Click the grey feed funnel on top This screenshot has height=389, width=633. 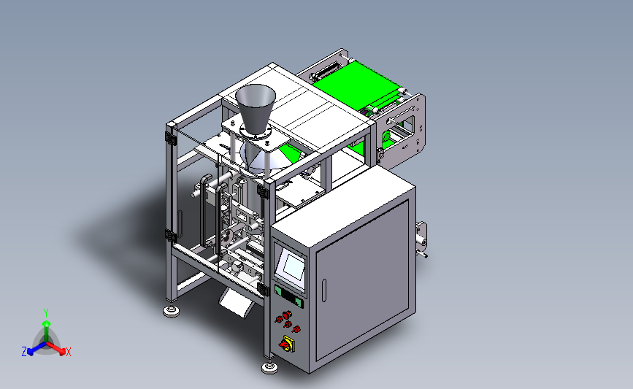pyautogui.click(x=255, y=108)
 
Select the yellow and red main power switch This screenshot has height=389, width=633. pyautogui.click(x=287, y=344)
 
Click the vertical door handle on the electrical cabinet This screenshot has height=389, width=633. pyautogui.click(x=323, y=290)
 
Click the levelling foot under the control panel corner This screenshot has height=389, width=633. pyautogui.click(x=269, y=367)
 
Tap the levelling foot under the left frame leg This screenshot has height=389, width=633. pyautogui.click(x=172, y=311)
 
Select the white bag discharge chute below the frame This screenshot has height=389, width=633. pyautogui.click(x=237, y=304)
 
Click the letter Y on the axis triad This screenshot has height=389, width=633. pyautogui.click(x=45, y=313)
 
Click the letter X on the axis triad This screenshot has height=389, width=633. pyautogui.click(x=68, y=352)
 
